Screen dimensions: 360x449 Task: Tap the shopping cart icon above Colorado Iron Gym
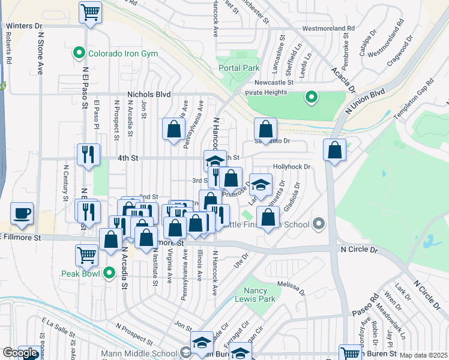point(90,12)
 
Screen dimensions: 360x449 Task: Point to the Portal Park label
point(239,68)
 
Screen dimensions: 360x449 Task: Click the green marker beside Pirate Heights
point(311,97)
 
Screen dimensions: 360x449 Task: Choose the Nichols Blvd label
point(149,95)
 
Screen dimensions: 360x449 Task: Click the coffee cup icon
point(22,214)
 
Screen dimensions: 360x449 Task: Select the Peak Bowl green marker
point(109,274)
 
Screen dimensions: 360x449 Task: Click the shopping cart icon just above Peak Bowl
point(86,254)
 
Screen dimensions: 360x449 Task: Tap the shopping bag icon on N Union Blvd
point(334,150)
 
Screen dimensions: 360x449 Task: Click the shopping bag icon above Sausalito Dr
point(265,128)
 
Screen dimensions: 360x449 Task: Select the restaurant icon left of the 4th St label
point(88,155)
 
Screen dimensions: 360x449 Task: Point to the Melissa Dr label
point(291,285)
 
